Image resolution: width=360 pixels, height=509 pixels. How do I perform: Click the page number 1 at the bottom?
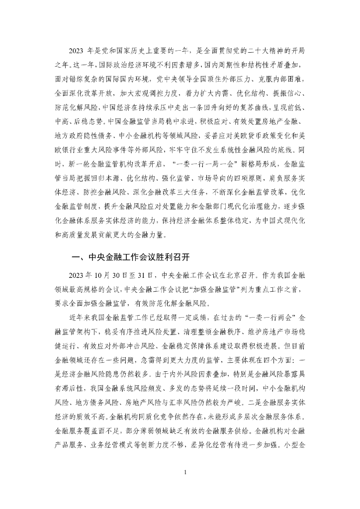pyautogui.click(x=184, y=472)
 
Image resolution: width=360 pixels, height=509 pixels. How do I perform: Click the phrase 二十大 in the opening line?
pyautogui.click(x=257, y=51)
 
